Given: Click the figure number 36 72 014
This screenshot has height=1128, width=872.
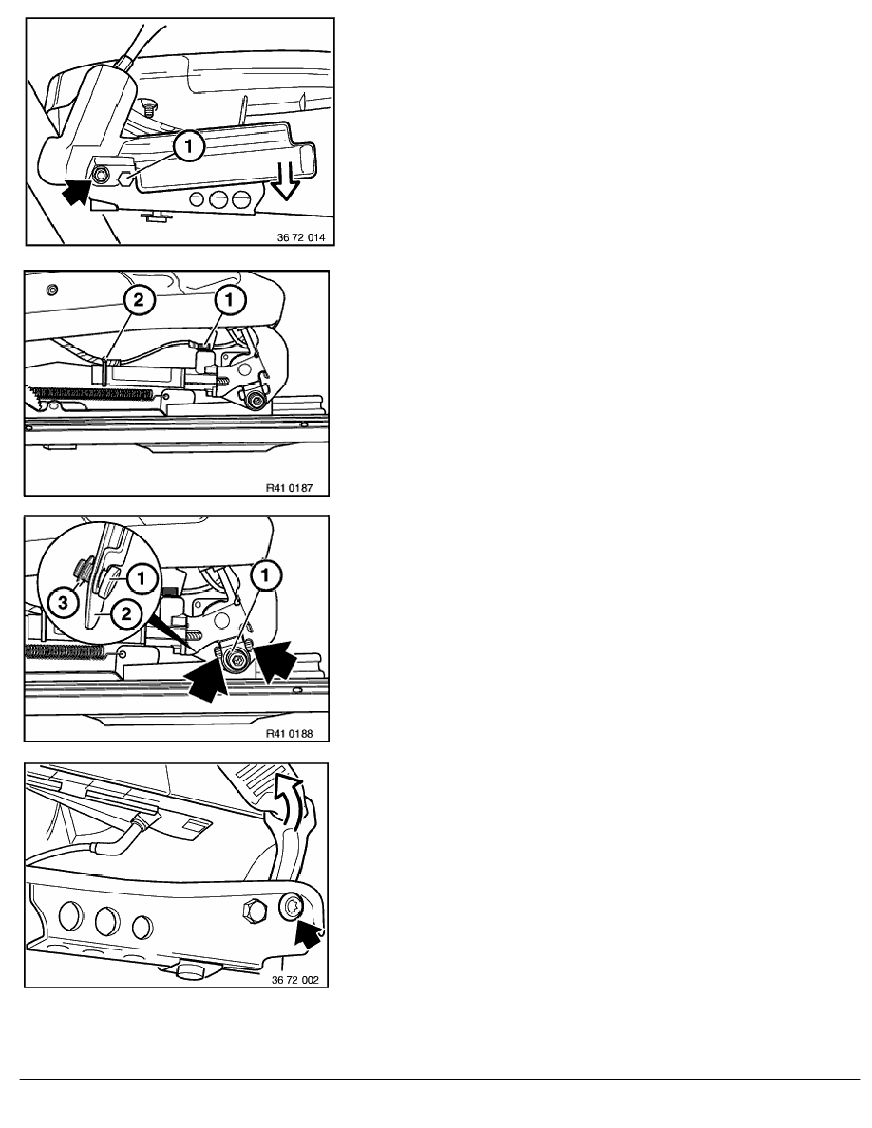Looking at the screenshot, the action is [x=301, y=237].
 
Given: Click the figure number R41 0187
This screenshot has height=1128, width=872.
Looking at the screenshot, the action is [x=289, y=488].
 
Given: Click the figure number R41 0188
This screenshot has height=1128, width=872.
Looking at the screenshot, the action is [x=289, y=734].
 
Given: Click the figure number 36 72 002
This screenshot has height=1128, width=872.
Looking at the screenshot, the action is [x=295, y=980].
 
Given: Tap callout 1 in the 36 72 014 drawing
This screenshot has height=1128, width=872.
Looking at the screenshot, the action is [x=188, y=147].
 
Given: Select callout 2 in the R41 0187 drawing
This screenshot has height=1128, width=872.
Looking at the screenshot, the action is [x=138, y=299].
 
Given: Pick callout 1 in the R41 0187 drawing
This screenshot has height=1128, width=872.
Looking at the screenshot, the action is [x=230, y=299].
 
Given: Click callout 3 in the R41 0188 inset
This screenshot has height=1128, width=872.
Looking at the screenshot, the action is [x=64, y=602].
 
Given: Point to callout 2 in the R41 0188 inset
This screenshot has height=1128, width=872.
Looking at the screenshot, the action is [x=126, y=613].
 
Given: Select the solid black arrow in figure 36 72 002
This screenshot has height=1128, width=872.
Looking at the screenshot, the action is [x=307, y=933].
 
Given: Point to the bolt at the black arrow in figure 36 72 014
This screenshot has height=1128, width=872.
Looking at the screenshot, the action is [x=101, y=174].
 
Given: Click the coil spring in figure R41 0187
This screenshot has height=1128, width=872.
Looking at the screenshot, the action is [x=90, y=393].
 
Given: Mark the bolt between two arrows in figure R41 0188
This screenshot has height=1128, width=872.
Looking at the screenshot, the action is [x=236, y=658].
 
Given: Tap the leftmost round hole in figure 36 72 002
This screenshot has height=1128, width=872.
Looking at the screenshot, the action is [x=71, y=915].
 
